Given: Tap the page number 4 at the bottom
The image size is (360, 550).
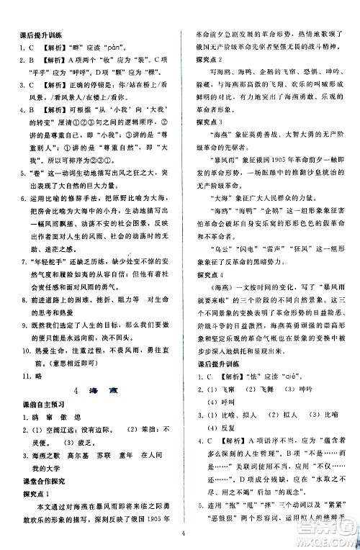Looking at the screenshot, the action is coord(184,533).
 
